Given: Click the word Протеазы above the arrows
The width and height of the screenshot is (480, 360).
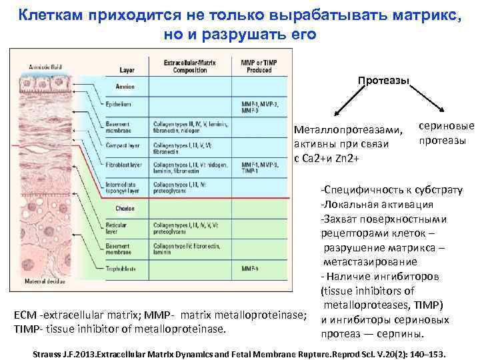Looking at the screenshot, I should [x=383, y=81].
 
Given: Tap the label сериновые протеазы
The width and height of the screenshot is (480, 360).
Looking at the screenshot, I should [x=446, y=133].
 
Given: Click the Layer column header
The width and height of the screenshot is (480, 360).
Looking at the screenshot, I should [x=127, y=69].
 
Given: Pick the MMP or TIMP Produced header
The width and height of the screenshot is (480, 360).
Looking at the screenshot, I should [x=260, y=66].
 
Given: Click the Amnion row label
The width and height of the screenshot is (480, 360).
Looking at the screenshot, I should [x=125, y=87].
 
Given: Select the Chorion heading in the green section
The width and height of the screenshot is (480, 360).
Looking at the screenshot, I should [x=125, y=209].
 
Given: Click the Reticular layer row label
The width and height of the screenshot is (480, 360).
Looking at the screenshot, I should [x=117, y=229].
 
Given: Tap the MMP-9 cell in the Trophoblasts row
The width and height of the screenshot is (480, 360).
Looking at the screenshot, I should [x=251, y=269].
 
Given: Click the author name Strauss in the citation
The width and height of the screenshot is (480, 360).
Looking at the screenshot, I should [x=51, y=353].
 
